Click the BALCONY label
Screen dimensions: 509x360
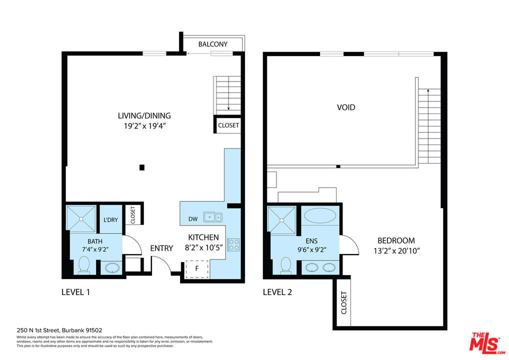click(x=213, y=44)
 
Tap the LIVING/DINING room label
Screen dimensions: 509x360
click(x=144, y=115)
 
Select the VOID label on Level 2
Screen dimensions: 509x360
click(x=346, y=107)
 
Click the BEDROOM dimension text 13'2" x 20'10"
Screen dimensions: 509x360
click(x=396, y=251)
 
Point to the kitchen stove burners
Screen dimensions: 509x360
click(x=233, y=245)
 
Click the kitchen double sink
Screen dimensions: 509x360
click(x=213, y=217)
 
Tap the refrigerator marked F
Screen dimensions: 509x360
click(x=196, y=269)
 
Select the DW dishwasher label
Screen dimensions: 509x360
click(x=193, y=219)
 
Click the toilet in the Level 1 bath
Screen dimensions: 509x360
click(x=84, y=265)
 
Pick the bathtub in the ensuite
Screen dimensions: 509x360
click(x=319, y=215)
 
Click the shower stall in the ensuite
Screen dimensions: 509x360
click(x=281, y=220)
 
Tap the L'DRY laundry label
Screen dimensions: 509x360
click(x=110, y=220)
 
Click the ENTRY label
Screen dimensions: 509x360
click(x=161, y=248)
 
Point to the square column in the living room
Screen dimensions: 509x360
click(x=142, y=167)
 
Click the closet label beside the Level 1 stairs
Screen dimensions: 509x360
click(x=228, y=125)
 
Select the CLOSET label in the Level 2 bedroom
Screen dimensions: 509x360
click(x=344, y=302)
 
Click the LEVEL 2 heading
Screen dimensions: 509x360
click(x=277, y=292)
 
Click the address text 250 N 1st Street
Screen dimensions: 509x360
click(x=38, y=330)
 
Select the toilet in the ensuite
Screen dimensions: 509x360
click(x=286, y=265)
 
